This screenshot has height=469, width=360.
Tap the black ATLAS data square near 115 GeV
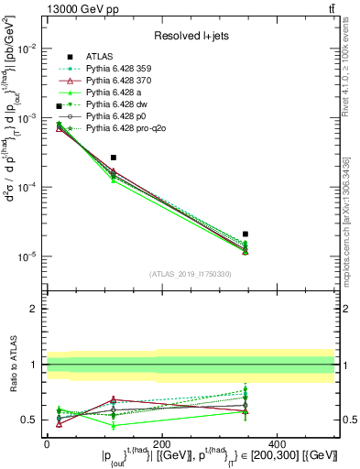tap(113, 158)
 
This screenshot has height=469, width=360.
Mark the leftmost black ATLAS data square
tap(60, 106)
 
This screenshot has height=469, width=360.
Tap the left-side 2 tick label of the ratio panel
tap(33, 309)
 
